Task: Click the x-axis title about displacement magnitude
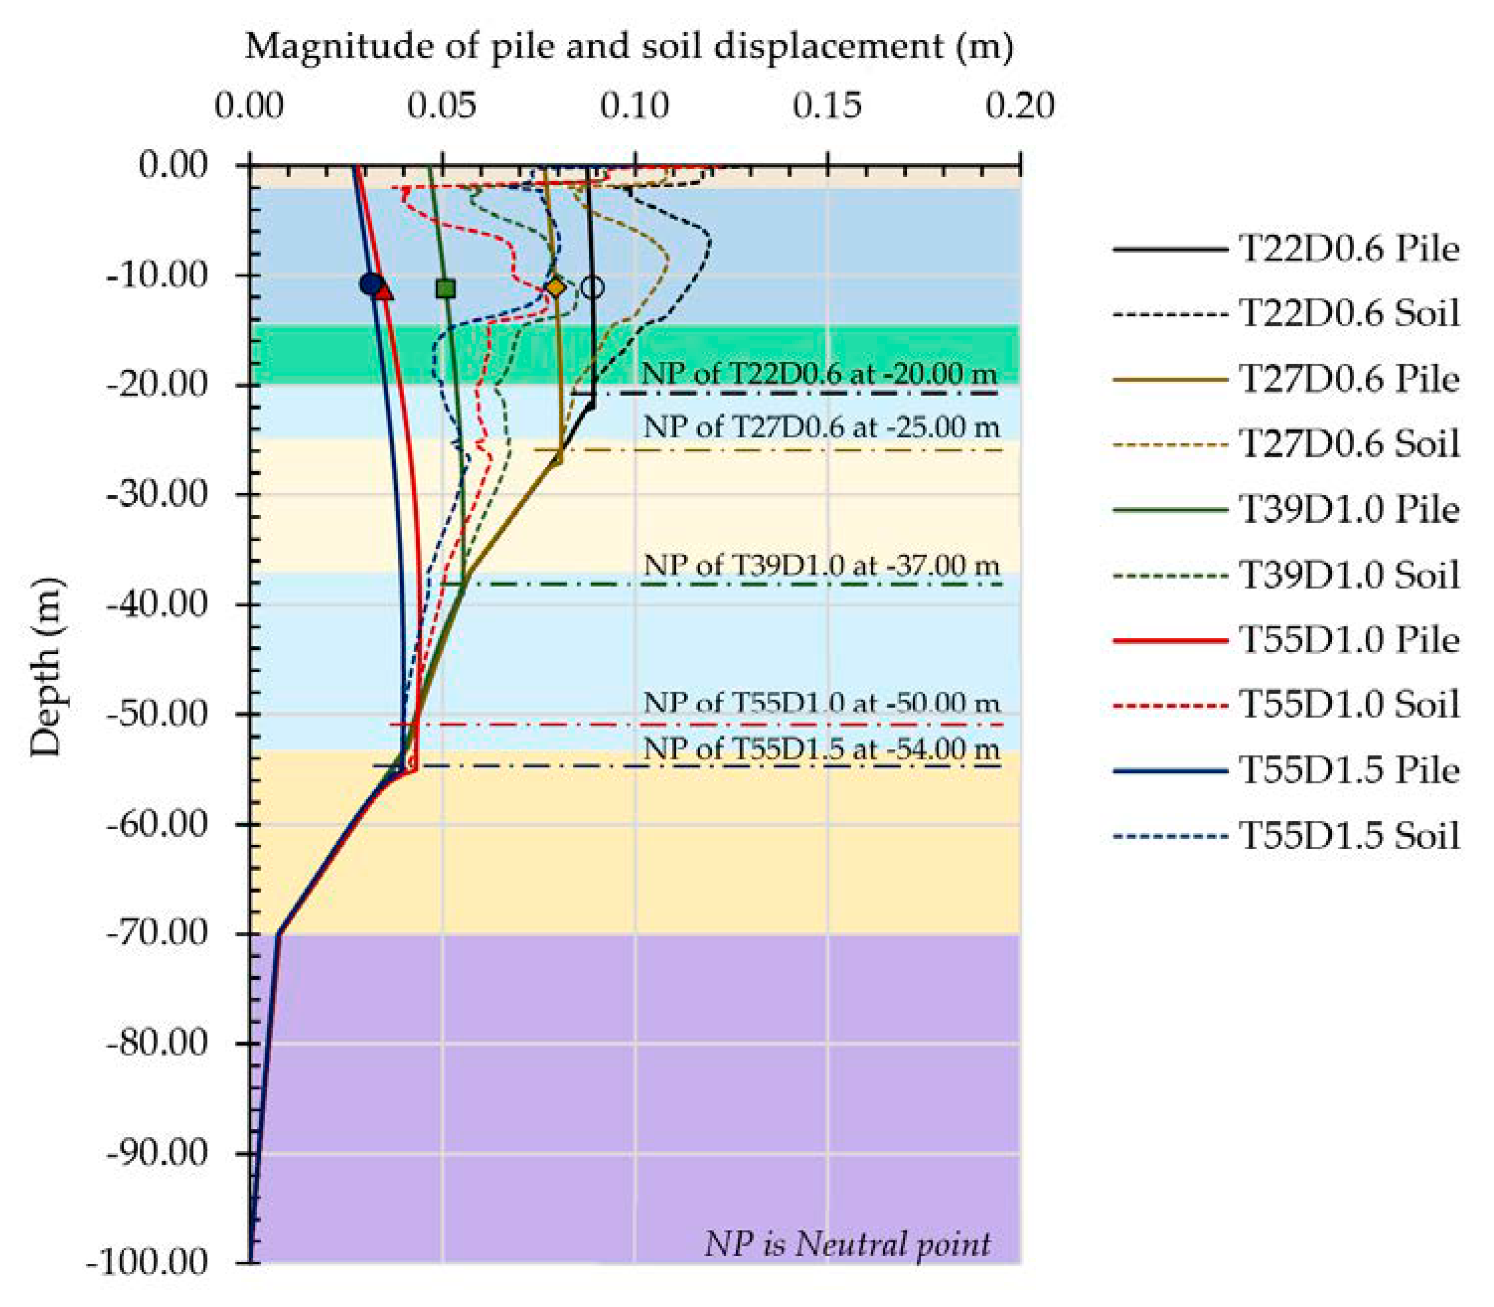(629, 47)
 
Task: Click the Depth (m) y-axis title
(48, 667)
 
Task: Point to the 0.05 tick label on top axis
(442, 106)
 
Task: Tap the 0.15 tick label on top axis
(827, 106)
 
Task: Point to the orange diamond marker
(556, 288)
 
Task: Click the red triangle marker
(384, 291)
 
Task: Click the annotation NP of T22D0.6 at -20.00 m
(819, 374)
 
